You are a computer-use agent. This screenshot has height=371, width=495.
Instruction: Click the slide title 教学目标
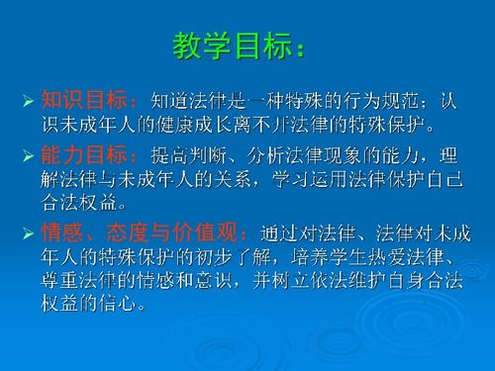(x=233, y=46)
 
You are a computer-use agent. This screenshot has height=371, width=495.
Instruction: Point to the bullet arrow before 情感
(x=29, y=233)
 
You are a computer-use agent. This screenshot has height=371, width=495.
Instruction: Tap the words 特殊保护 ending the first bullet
(x=396, y=127)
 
